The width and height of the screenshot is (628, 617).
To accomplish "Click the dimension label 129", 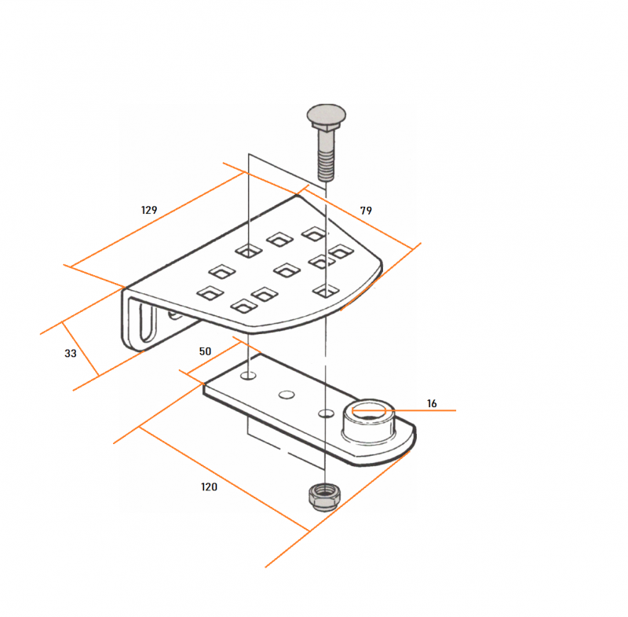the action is coord(149,210).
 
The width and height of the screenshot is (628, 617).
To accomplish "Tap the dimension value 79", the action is coord(366,211).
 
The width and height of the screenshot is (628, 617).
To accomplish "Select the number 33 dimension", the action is coord(71,353).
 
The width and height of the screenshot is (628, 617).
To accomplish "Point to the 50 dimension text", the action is coord(205,351).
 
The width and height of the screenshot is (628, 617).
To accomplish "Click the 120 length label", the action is coord(209,487).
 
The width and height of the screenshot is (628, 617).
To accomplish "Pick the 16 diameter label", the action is coord(432,403).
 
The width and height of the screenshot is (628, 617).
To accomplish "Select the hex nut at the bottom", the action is coord(324,497).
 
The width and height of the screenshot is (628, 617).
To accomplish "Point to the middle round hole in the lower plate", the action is coord(287,395).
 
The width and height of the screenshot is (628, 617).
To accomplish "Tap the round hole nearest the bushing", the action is coord(327,413).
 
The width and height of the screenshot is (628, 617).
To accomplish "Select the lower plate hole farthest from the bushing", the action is coord(248,376).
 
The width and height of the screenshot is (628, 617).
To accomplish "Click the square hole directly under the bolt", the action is coord(326,291).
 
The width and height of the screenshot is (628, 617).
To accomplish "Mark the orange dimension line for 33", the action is coord(81,349).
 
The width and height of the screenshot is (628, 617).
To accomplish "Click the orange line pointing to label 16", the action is coord(403,410).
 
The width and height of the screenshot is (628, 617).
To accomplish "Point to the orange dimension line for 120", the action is coord(225,479).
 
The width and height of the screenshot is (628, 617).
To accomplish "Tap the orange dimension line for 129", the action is coord(158,220).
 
